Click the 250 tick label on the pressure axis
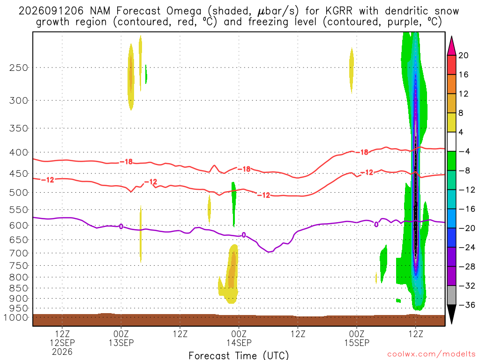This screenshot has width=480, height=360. (x=19, y=67)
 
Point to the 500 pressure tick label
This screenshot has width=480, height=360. (x=19, y=193)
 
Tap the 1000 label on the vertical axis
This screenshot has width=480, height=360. (x=15, y=317)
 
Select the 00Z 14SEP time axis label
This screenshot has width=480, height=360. (x=239, y=338)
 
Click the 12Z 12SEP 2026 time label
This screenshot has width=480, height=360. (x=62, y=343)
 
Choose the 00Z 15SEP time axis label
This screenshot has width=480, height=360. (x=357, y=338)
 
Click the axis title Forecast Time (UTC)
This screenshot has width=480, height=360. (x=239, y=355)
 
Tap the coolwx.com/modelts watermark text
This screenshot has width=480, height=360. (x=431, y=354)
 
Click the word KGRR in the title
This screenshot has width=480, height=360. (x=339, y=11)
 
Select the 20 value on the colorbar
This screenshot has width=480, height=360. (x=464, y=55)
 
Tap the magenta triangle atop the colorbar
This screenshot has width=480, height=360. (x=451, y=45)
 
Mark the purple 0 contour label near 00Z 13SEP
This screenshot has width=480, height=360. (x=121, y=226)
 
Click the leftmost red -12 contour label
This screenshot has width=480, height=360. (x=47, y=180)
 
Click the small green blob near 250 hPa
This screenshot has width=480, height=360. (x=146, y=74)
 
